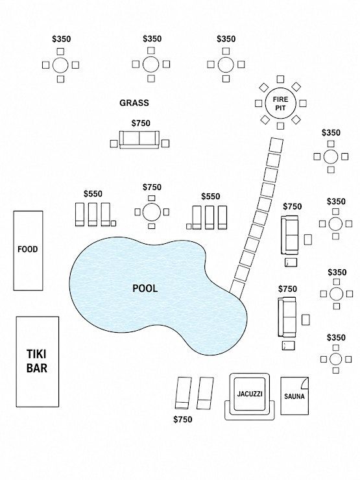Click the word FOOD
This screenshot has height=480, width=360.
tap(27, 249)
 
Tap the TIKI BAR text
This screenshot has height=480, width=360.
tap(37, 361)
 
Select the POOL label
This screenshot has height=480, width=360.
tap(145, 288)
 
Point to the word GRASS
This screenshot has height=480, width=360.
tap(134, 103)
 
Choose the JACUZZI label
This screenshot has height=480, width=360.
tap(250, 394)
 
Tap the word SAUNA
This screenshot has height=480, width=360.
tap(294, 396)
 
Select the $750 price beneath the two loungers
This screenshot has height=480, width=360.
tap(183, 420)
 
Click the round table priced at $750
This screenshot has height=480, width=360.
tap(152, 212)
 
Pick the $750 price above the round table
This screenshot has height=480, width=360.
tap(152, 187)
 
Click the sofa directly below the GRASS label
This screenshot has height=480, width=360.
tap(139, 140)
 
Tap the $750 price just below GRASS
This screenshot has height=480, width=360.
tap(141, 123)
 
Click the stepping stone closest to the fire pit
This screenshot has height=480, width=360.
tap(276, 145)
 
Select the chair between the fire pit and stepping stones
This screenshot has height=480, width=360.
tap(280, 126)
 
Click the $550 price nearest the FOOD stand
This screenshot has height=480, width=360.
tap(93, 194)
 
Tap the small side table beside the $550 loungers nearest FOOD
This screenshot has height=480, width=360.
tap(114, 224)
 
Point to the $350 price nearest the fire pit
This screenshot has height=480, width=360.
tap(331, 133)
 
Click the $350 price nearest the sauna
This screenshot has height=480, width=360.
tap(336, 338)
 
